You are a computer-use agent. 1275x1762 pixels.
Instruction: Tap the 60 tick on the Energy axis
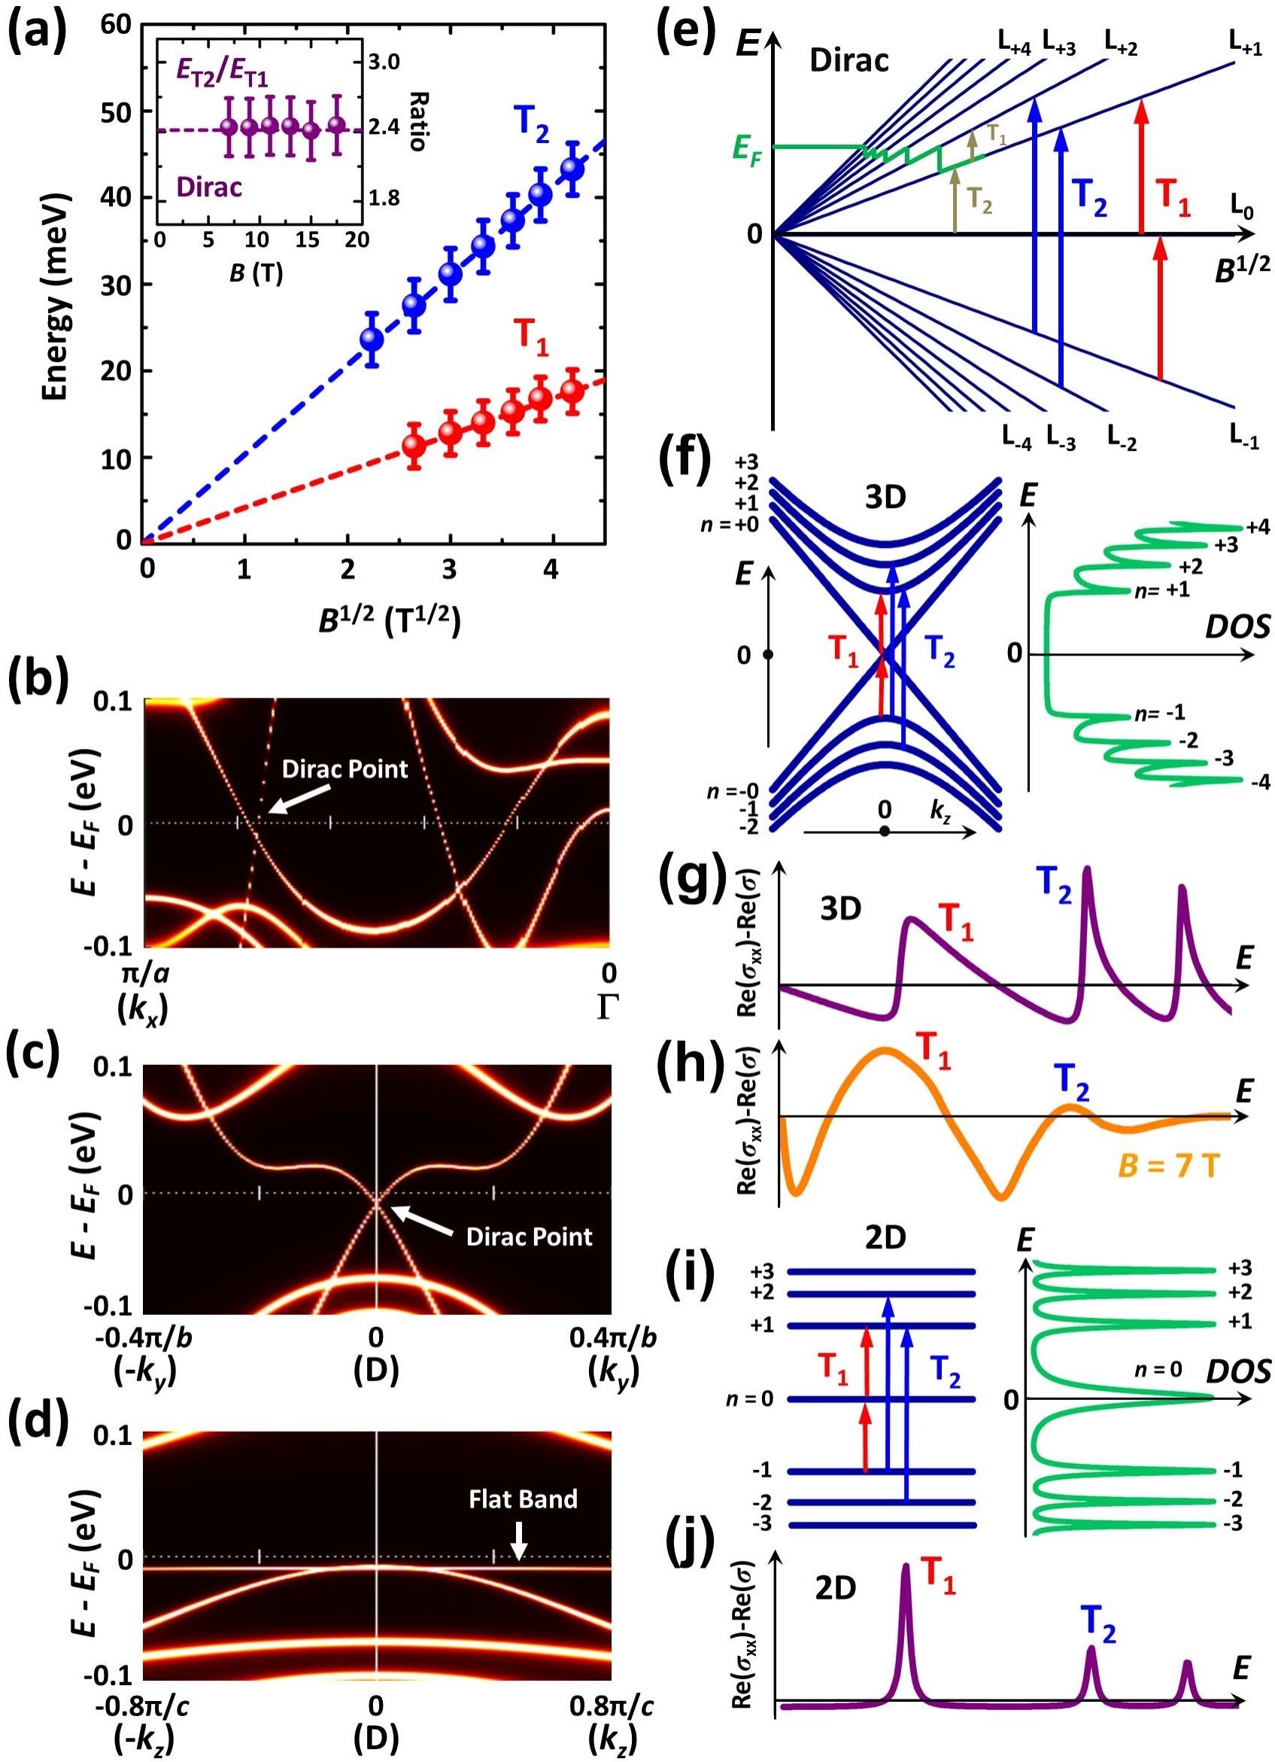115,26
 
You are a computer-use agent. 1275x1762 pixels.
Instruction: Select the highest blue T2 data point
572,168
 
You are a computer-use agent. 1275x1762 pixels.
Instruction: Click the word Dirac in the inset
209,187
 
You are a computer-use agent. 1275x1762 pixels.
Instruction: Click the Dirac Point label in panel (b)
345,769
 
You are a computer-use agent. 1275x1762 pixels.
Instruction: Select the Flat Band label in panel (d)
523,1433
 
